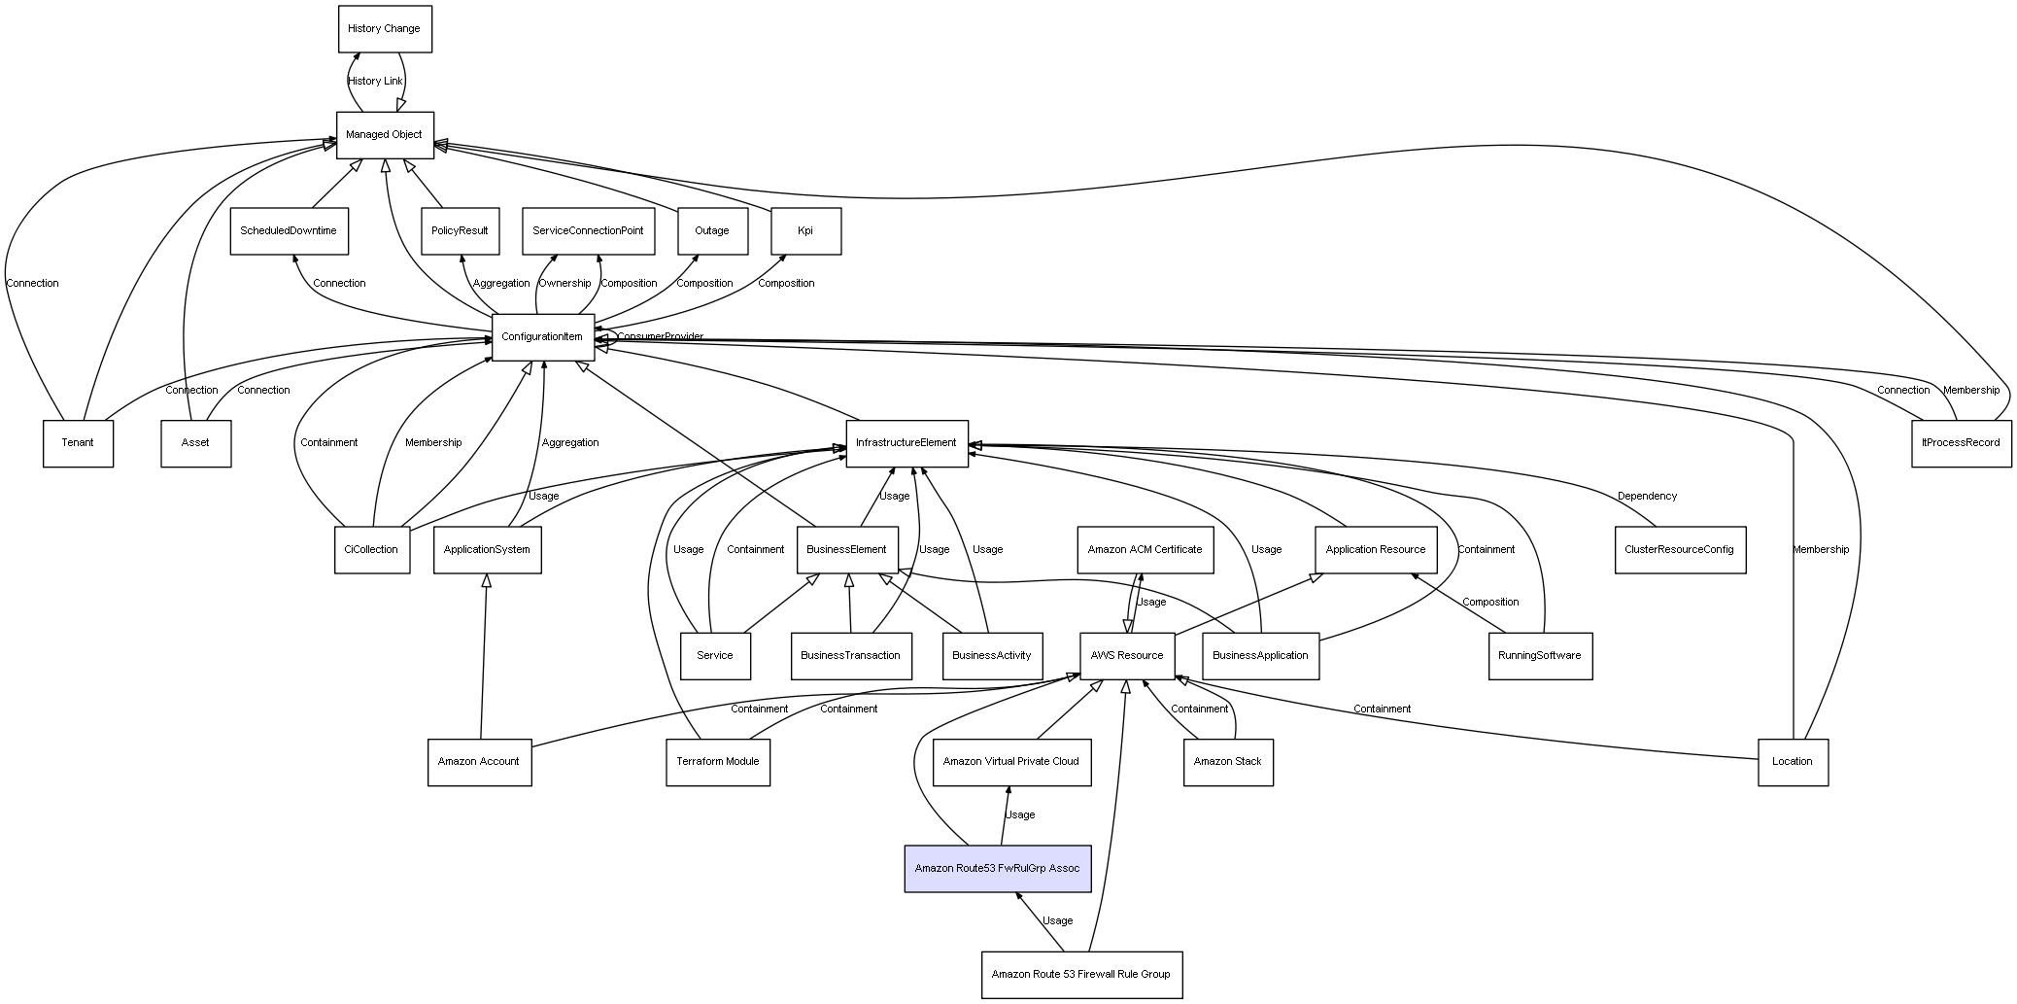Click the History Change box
(x=385, y=29)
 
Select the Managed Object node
(x=385, y=135)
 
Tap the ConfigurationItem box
(x=542, y=337)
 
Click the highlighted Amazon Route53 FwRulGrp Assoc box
(x=997, y=868)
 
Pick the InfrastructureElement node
(x=906, y=443)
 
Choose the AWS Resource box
(x=1127, y=656)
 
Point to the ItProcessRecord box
(x=1961, y=443)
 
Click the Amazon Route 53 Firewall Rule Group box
(x=1081, y=974)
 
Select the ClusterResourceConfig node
(x=1679, y=550)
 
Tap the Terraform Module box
(x=717, y=762)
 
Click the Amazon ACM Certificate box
(x=1145, y=550)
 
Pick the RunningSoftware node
(x=1540, y=656)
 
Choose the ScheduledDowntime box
(x=289, y=231)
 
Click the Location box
(x=1793, y=762)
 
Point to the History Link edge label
(x=375, y=82)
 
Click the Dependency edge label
(x=1647, y=497)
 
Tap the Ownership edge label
(x=564, y=284)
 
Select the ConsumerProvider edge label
(x=661, y=337)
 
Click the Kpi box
(x=805, y=231)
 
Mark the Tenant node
(x=78, y=443)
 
